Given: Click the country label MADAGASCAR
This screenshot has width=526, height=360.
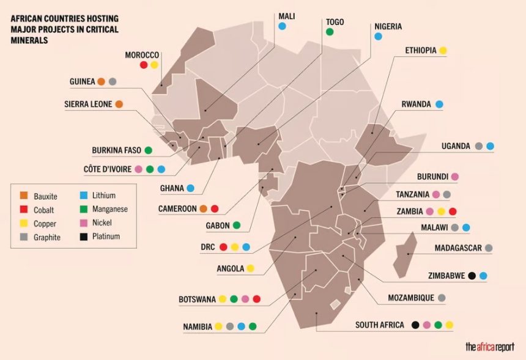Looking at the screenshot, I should click(458, 248).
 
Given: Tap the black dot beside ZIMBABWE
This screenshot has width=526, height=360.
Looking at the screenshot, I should click(472, 276).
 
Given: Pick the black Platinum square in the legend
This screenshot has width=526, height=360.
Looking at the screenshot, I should click(84, 236).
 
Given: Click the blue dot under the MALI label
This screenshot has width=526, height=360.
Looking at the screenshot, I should click(282, 26).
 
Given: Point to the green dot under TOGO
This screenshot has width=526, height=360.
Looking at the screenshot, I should click(330, 32).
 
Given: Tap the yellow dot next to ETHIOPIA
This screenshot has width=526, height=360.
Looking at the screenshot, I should click(443, 51).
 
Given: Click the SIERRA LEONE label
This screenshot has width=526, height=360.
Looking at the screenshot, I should click(88, 105).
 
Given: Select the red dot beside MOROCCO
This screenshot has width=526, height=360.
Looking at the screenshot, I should click(144, 65).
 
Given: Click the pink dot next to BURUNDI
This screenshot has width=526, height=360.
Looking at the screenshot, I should click(454, 177).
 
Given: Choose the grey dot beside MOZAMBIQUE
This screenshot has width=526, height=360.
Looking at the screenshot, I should click(442, 298).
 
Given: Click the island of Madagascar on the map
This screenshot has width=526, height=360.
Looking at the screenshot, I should click(406, 257).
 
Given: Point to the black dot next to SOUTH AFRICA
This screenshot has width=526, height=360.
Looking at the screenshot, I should click(415, 325).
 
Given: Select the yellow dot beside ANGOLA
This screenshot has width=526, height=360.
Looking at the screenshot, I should click(250, 268).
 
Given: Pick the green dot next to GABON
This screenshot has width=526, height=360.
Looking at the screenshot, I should click(236, 226).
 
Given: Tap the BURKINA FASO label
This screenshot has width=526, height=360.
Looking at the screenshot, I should click(117, 150).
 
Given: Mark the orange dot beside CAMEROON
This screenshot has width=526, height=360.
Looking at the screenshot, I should click(203, 208).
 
